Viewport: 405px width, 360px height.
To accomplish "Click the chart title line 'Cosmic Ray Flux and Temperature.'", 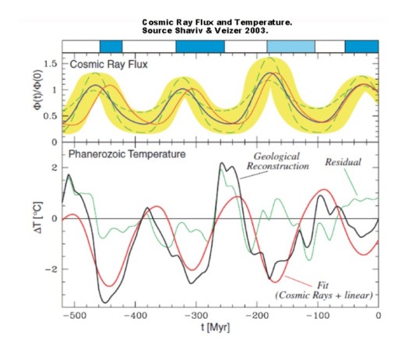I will click(217, 22).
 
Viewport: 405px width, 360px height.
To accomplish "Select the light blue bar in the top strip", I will click(291, 46).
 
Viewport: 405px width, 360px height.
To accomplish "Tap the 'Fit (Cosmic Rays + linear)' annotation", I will click(325, 290).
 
